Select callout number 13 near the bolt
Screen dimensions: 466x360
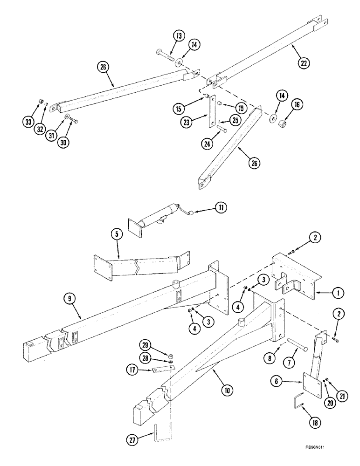coord(167,36)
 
